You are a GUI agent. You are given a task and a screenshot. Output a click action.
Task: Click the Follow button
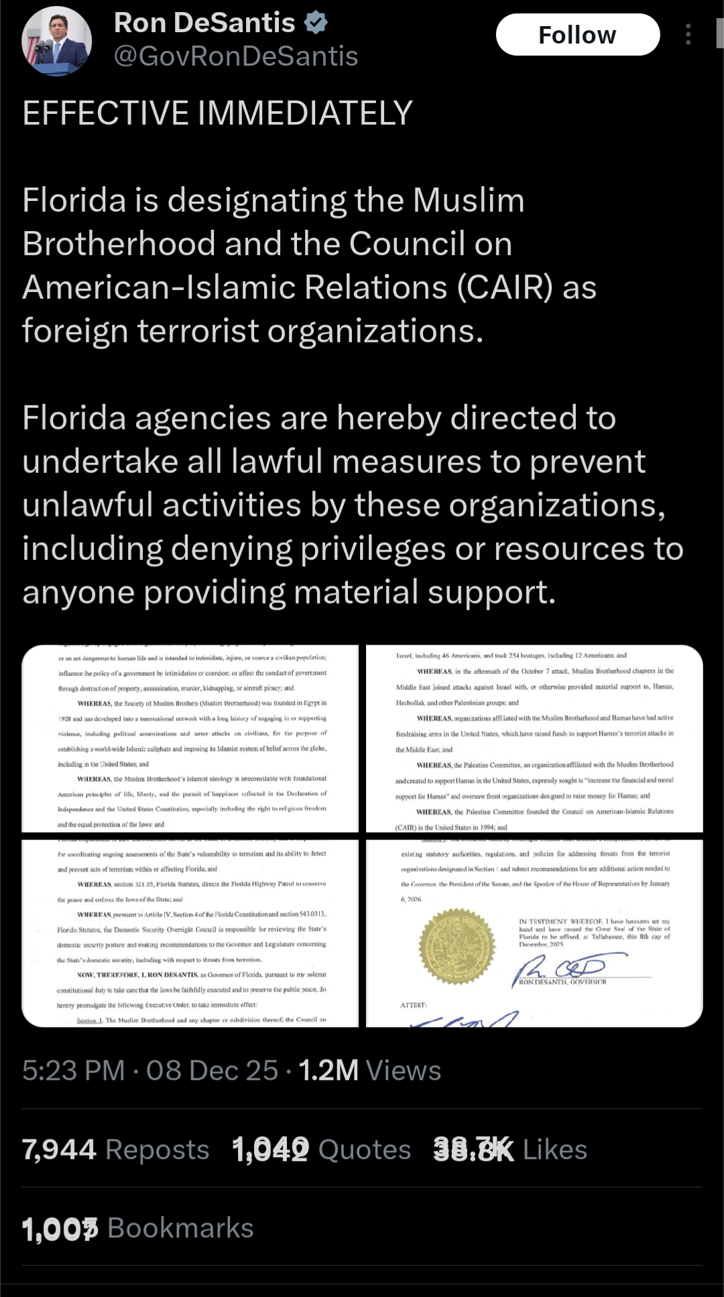tap(577, 35)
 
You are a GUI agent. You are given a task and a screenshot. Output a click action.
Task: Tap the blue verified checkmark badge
tap(316, 23)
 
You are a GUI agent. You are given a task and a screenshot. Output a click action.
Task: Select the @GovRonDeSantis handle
tap(236, 56)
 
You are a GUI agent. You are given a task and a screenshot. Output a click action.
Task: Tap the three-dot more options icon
tap(688, 35)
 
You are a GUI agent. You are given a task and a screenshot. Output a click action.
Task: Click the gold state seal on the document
tap(457, 945)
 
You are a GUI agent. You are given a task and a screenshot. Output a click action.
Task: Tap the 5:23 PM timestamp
tap(73, 1070)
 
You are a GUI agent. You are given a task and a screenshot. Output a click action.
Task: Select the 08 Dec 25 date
tap(212, 1070)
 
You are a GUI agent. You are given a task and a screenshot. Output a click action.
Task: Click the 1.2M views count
tap(328, 1070)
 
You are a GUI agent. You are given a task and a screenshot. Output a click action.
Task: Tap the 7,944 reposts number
tap(59, 1150)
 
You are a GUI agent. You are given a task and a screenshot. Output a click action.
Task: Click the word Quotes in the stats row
tap(364, 1150)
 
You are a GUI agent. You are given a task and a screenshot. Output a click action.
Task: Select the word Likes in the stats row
tap(554, 1150)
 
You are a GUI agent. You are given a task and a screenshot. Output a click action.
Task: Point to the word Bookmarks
tap(180, 1228)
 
